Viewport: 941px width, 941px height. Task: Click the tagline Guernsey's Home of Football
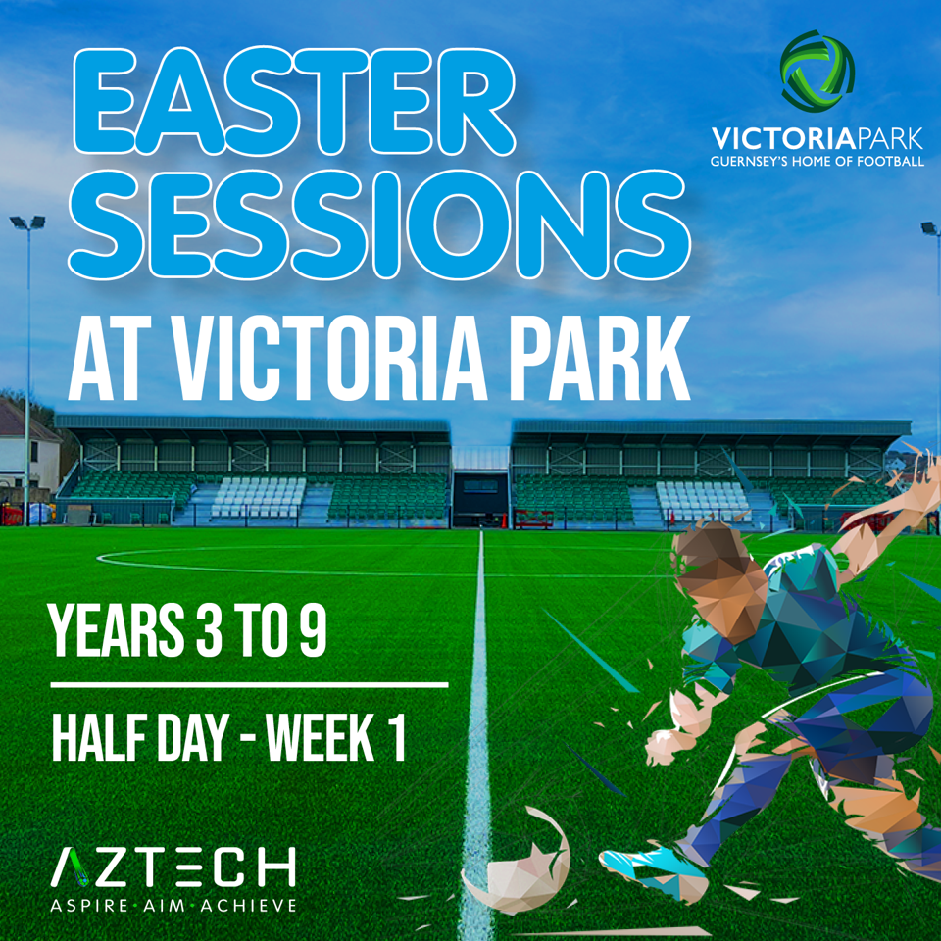click(817, 160)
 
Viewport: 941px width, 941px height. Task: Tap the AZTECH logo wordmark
click(173, 867)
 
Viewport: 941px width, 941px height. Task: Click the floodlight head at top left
click(27, 223)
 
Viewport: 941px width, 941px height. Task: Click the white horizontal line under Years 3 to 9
click(249, 684)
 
